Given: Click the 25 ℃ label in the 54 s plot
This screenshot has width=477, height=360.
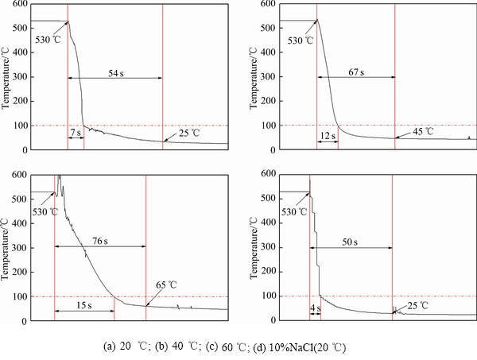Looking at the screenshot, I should point(188,132).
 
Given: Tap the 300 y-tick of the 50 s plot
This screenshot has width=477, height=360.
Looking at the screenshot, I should point(268,246).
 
